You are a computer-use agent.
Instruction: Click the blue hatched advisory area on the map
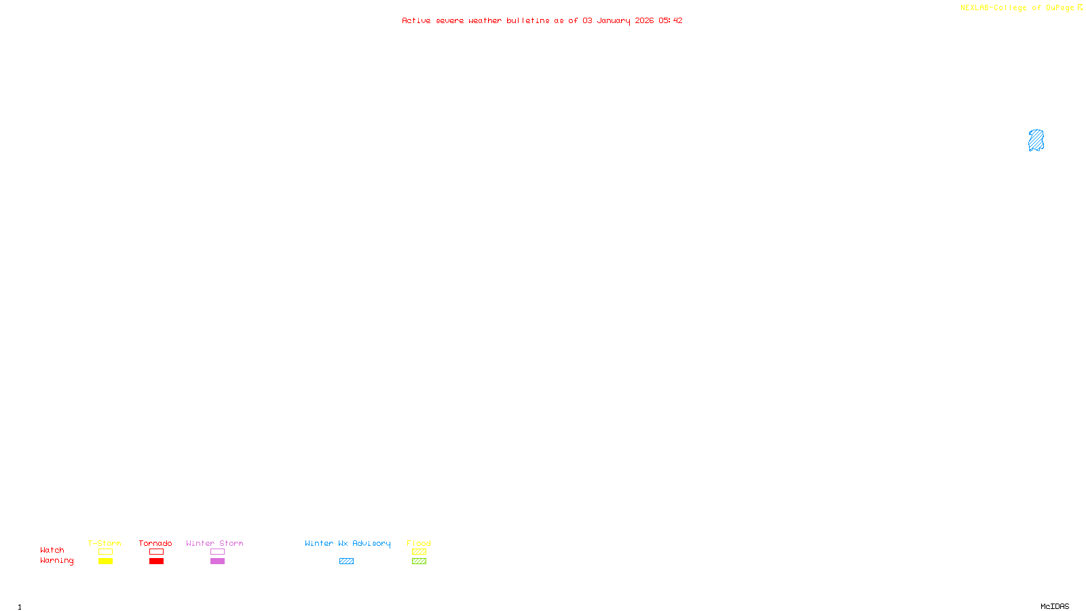(x=1036, y=141)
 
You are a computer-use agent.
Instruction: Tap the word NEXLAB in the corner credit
(x=974, y=8)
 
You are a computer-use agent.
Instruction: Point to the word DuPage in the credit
(x=1060, y=8)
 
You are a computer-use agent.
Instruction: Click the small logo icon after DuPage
(x=1080, y=7)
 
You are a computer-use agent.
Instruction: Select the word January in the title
(x=613, y=21)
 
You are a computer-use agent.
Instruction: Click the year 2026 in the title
(x=644, y=21)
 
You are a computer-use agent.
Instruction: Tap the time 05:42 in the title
(x=671, y=21)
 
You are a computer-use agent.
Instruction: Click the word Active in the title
(x=415, y=21)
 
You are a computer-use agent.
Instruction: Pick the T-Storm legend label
(x=105, y=543)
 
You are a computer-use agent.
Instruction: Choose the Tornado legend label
(x=155, y=543)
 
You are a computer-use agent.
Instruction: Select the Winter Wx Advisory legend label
(x=348, y=543)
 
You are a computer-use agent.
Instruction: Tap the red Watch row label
(x=52, y=551)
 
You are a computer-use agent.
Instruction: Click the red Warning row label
(x=56, y=561)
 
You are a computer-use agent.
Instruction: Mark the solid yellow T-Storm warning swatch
(x=105, y=561)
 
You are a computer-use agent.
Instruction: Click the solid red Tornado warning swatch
(x=156, y=561)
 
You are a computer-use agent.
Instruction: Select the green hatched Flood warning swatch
(x=419, y=561)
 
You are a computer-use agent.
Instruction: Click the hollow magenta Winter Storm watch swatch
(x=217, y=552)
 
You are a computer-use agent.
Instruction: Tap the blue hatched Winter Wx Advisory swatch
(x=346, y=561)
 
